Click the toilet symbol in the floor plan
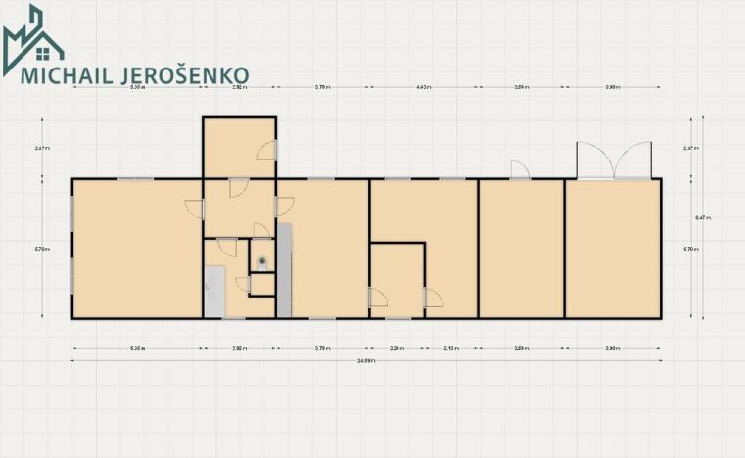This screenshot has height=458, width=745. pos(262,261)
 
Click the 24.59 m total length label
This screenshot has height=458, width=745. pos(366,360)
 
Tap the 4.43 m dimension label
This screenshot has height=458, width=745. pos(423,88)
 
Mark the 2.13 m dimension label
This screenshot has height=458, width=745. pos(450,347)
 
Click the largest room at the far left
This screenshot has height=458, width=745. pos(137,249)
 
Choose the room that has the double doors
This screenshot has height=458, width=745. pos(612,249)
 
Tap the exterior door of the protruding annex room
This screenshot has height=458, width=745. pos(267,150)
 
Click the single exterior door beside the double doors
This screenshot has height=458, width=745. pos(519,170)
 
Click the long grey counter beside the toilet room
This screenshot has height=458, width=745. pos(284,270)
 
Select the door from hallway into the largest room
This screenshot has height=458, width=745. pos(194,207)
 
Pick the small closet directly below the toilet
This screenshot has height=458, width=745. pos(262,285)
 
